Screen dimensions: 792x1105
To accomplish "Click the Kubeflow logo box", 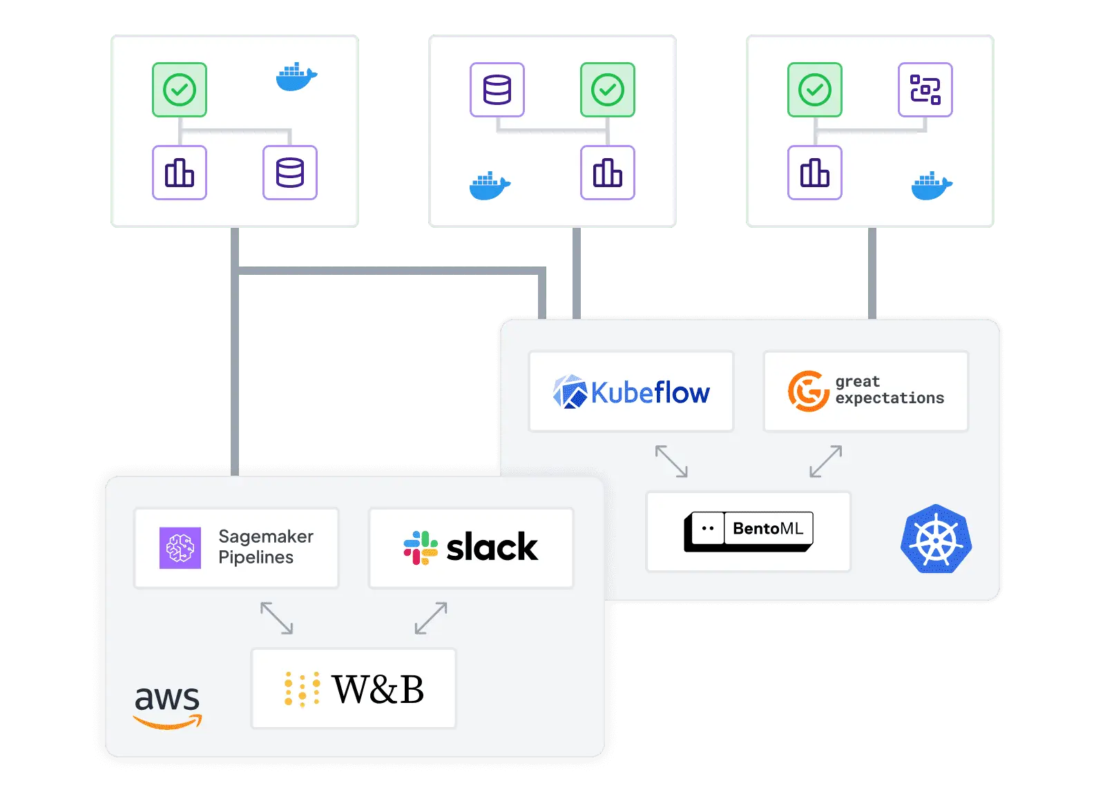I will point(631,392).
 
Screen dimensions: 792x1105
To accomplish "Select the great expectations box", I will point(865,392).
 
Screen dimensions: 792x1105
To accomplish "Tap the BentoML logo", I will point(749,531).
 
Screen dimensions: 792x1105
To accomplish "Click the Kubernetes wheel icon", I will point(936,539).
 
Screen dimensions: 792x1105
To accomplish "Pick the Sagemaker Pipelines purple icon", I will point(180,548).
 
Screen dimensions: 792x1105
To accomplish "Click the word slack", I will point(492,548).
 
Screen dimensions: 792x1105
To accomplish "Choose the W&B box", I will point(354,688).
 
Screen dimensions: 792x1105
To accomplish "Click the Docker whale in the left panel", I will point(296,77).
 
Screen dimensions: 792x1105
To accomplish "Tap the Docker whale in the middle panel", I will point(490,186).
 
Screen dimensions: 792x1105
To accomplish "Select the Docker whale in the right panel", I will point(932,186).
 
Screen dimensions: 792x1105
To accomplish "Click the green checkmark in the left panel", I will point(180,90).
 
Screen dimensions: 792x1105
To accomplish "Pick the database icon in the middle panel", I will point(497,90).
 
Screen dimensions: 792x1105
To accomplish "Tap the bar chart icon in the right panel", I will point(815,173).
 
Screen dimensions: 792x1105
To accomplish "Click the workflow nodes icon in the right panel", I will point(925,90).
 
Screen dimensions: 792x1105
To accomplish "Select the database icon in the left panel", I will point(290,173).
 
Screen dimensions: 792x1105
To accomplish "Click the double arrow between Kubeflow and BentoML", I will point(671,461).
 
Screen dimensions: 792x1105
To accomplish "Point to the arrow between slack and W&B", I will point(431,618).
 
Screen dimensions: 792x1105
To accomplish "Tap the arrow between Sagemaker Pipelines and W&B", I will point(276,618).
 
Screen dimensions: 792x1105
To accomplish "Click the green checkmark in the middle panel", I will point(608,90).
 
